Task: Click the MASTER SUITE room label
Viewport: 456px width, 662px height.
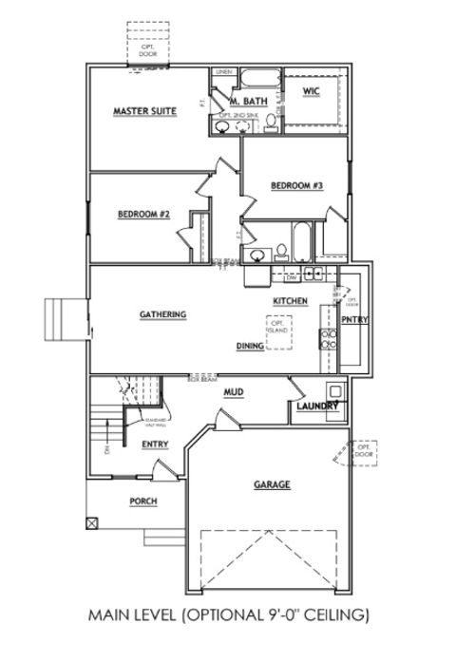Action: click(144, 111)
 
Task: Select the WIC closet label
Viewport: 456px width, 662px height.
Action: click(312, 91)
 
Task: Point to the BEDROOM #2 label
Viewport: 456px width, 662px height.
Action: click(143, 214)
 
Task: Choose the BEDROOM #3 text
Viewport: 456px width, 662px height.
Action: click(297, 185)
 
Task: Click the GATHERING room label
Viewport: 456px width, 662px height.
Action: click(161, 314)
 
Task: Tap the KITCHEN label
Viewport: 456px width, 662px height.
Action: click(290, 300)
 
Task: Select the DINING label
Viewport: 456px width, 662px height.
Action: click(250, 347)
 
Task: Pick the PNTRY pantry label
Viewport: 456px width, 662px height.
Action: click(354, 320)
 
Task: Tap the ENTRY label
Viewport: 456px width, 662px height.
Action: click(155, 444)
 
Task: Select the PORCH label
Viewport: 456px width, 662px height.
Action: click(142, 501)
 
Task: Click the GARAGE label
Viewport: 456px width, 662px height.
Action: click(271, 484)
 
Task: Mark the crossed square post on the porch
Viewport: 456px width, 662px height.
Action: click(91, 521)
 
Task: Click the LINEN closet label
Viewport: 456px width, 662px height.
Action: click(224, 72)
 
